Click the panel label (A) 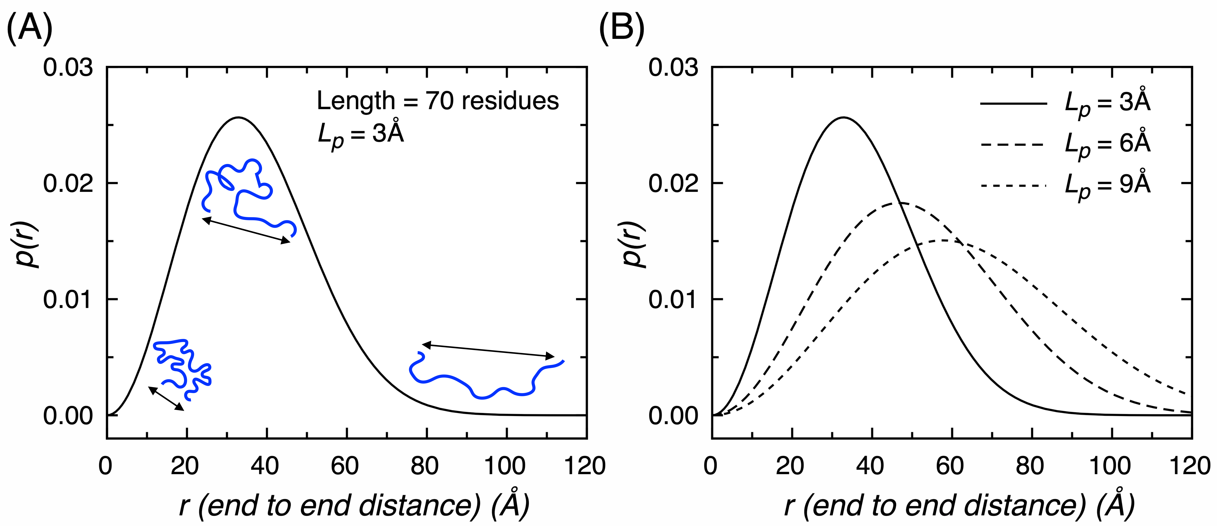tap(29, 28)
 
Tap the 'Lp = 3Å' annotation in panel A tap(360, 135)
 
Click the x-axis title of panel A tap(354, 505)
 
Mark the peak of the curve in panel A tap(238, 118)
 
